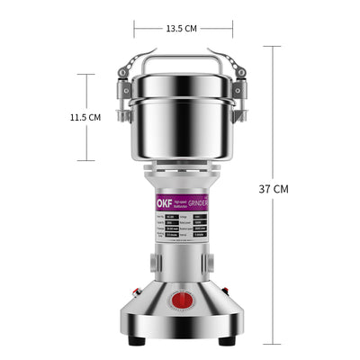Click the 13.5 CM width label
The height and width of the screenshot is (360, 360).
click(181, 28)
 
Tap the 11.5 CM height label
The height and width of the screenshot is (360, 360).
click(85, 117)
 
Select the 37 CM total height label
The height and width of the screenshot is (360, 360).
click(274, 189)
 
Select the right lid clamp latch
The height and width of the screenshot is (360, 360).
click(238, 85)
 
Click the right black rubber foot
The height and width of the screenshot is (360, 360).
click(229, 341)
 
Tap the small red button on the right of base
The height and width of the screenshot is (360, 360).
click(225, 293)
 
